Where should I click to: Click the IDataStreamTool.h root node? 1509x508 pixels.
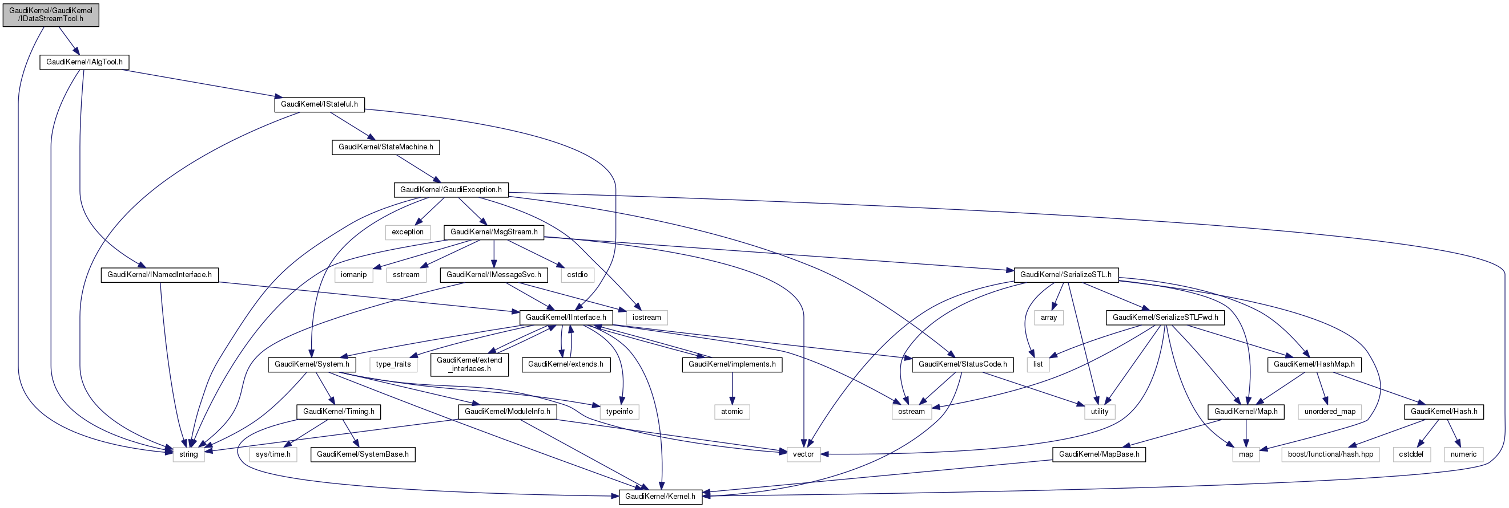pyautogui.click(x=51, y=15)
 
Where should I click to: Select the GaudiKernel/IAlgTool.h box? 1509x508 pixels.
pyautogui.click(x=84, y=62)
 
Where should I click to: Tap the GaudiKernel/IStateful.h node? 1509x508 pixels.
pyautogui.click(x=319, y=104)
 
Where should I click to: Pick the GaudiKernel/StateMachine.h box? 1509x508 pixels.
pyautogui.click(x=385, y=147)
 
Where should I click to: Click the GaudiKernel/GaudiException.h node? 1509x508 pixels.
pyautogui.click(x=450, y=190)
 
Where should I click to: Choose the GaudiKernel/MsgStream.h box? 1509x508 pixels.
pyautogui.click(x=494, y=233)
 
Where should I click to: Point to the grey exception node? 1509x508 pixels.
pyautogui.click(x=408, y=233)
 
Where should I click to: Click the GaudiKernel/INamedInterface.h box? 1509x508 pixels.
pyautogui.click(x=159, y=275)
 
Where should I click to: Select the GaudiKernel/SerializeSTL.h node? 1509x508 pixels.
pyautogui.click(x=1065, y=275)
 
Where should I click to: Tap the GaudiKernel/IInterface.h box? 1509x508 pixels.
pyautogui.click(x=566, y=318)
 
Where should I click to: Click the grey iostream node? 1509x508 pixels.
pyautogui.click(x=647, y=318)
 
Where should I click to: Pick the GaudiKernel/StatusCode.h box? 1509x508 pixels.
pyautogui.click(x=963, y=365)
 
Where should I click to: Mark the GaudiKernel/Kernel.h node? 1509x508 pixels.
pyautogui.click(x=660, y=497)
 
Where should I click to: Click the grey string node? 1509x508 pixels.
pyautogui.click(x=188, y=455)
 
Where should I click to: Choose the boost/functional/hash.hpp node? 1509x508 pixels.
pyautogui.click(x=1330, y=455)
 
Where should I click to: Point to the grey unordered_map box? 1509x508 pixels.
pyautogui.click(x=1330, y=412)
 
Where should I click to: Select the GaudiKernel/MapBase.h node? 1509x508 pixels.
pyautogui.click(x=1099, y=455)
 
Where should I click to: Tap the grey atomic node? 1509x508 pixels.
pyautogui.click(x=731, y=412)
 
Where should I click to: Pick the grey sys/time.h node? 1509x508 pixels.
pyautogui.click(x=273, y=455)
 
